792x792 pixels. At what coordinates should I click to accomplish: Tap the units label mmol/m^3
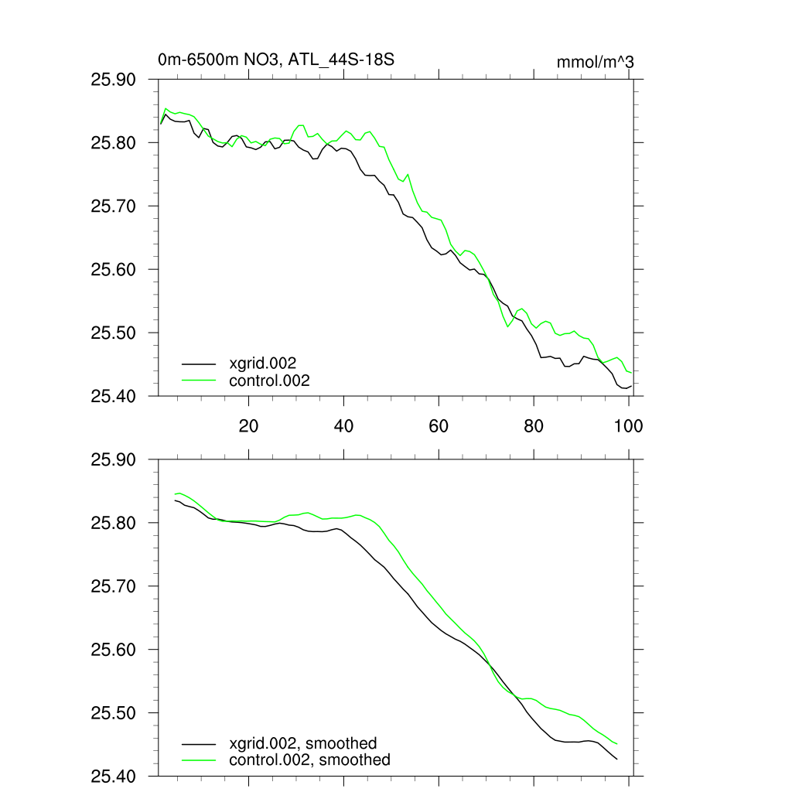[595, 62]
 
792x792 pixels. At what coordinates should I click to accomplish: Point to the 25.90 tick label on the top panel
[113, 80]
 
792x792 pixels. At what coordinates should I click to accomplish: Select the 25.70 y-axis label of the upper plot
[113, 207]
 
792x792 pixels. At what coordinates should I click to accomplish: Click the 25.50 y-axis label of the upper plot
[113, 333]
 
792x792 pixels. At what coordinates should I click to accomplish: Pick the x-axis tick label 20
[248, 425]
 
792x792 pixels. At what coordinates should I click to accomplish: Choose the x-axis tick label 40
[343, 425]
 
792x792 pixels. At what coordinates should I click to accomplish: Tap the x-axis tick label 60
[439, 425]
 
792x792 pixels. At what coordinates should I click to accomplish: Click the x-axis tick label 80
[534, 425]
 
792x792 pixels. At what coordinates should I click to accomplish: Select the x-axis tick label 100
[628, 425]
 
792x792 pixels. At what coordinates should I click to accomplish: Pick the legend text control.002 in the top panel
[269, 380]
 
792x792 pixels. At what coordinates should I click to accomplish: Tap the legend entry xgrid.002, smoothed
[303, 743]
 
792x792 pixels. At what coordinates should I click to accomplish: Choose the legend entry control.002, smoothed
[309, 760]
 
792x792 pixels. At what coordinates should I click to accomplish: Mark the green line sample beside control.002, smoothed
[199, 760]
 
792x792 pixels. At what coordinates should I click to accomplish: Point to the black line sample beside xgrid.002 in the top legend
[199, 363]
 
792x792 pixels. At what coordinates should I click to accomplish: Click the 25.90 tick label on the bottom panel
[113, 460]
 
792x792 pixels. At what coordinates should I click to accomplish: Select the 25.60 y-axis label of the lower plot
[113, 650]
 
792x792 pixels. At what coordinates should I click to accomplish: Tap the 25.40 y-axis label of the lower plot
[113, 776]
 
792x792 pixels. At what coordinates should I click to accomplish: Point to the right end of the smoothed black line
[616, 759]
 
